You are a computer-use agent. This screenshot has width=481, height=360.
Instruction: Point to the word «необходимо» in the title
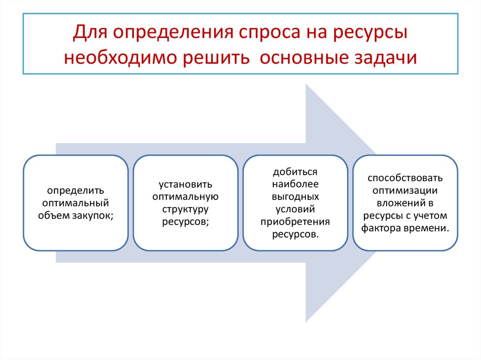(x=122, y=58)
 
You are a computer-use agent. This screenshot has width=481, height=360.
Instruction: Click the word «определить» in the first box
(x=76, y=191)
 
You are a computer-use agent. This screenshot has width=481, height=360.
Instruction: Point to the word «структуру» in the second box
(x=186, y=209)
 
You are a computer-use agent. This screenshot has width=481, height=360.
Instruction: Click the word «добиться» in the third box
(x=295, y=172)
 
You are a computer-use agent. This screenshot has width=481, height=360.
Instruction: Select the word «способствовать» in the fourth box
(x=405, y=178)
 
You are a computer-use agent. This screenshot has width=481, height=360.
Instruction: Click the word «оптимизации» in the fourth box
(x=405, y=191)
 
